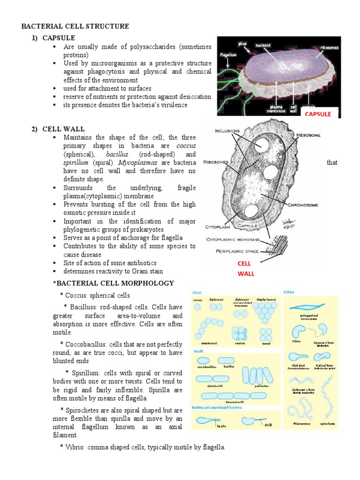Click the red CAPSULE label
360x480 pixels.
click(x=318, y=114)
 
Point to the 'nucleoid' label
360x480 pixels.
click(x=262, y=45)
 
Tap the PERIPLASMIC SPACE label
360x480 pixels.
click(x=237, y=251)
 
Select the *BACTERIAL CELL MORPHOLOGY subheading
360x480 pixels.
click(x=114, y=283)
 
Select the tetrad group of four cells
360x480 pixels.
click(x=266, y=334)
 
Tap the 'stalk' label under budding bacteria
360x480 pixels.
click(x=268, y=425)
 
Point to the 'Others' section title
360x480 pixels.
click(x=290, y=292)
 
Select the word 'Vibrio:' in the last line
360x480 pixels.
click(x=77, y=447)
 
